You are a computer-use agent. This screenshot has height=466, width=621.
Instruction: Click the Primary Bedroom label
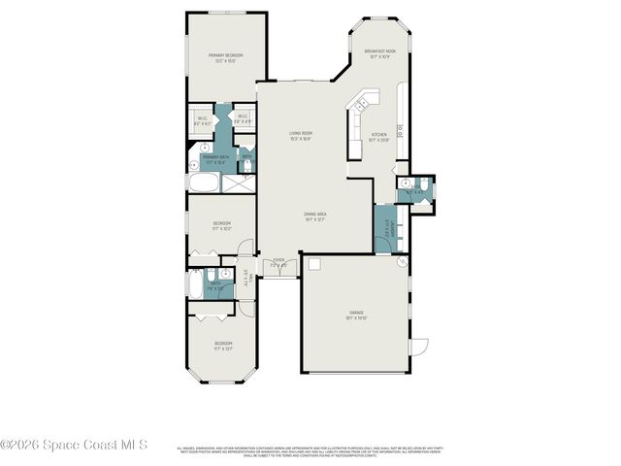click(x=225, y=58)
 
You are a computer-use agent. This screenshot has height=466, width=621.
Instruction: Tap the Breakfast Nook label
click(x=377, y=54)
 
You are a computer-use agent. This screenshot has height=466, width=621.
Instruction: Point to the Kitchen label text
click(x=379, y=137)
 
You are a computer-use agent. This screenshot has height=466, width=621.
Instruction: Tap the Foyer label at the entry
click(x=278, y=262)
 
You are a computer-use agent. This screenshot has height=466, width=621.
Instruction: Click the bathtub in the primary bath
click(x=205, y=184)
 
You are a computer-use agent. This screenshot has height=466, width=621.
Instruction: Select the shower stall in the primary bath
click(x=246, y=183)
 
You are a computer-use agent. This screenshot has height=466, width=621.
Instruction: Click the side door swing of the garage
click(x=419, y=348)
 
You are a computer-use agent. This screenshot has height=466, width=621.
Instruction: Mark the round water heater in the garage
click(x=403, y=262)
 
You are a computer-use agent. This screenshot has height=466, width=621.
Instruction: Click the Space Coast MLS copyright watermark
click(x=74, y=445)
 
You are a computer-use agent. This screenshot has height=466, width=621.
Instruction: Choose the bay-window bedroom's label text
click(x=222, y=347)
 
